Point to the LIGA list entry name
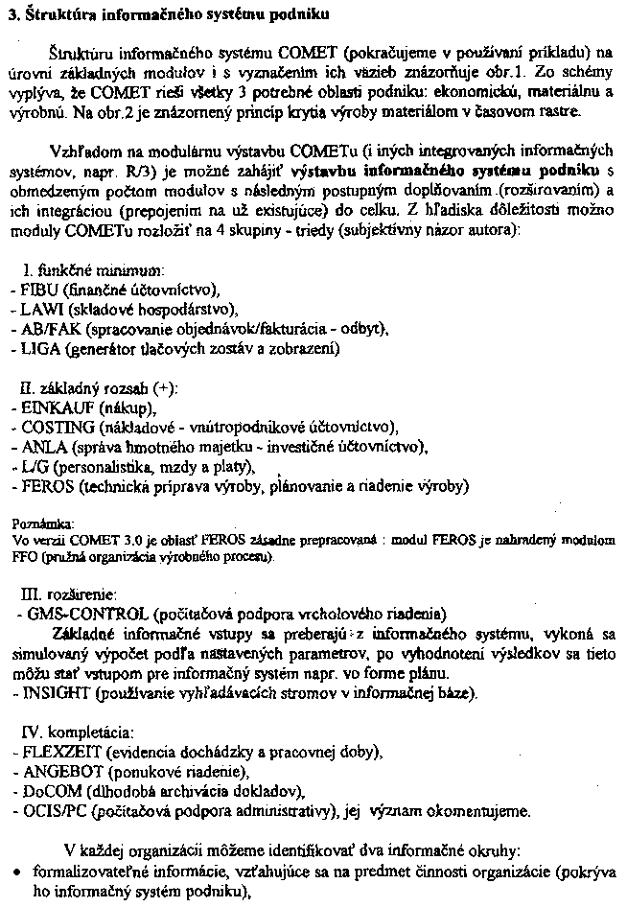(35, 349)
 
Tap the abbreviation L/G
(29, 467)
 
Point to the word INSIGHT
(47, 691)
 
